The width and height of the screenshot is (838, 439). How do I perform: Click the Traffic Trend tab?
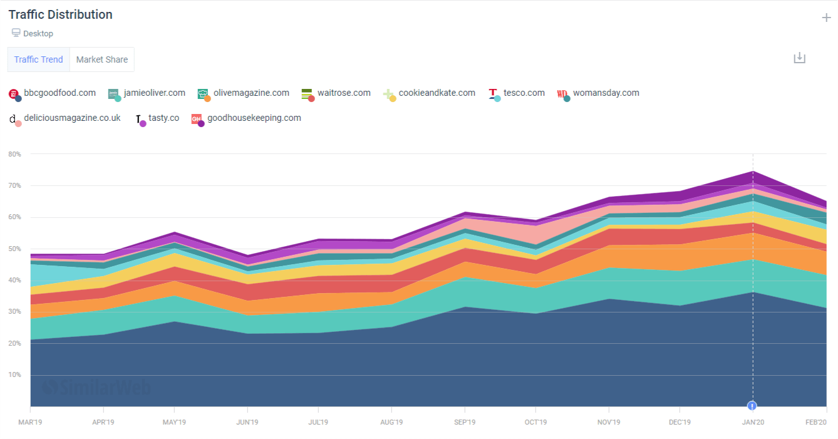pos(39,59)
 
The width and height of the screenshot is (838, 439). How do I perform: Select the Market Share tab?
pos(102,59)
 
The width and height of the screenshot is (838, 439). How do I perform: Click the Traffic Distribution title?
pos(61,14)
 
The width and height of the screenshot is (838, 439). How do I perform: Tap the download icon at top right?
pos(799,58)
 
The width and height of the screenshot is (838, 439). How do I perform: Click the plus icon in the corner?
pos(826,18)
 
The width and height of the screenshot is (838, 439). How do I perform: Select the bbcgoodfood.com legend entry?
pos(59,93)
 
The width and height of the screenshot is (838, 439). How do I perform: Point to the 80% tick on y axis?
pos(14,154)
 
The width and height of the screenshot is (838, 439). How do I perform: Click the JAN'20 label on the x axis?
pos(752,422)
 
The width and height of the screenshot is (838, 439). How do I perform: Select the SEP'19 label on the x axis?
pos(463,422)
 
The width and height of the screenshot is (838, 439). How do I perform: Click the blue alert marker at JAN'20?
pos(752,406)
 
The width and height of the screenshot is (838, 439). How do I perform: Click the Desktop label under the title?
pos(38,34)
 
